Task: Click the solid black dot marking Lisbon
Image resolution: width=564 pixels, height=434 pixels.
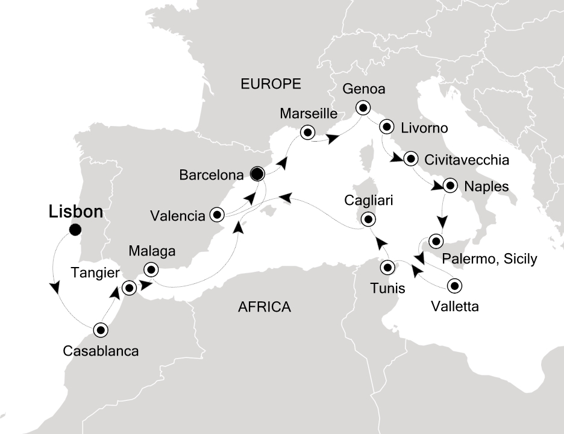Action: coord(75,230)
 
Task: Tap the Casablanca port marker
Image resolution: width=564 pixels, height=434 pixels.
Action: coord(100,330)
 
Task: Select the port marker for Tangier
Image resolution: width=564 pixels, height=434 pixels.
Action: coord(130,288)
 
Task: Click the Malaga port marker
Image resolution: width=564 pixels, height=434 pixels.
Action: coord(151,269)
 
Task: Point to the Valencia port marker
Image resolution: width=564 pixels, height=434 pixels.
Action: coord(216,214)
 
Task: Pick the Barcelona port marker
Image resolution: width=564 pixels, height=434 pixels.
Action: coord(257,174)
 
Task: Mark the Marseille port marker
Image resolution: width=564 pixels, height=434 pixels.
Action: coord(308,133)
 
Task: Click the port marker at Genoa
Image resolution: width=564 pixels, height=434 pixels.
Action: coord(363,108)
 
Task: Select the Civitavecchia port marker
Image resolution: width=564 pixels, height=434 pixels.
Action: coord(411,159)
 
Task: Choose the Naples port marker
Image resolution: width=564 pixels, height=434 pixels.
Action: coord(450,186)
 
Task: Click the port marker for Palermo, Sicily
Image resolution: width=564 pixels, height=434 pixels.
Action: coord(436,242)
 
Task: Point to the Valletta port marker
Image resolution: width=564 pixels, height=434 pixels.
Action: coord(454,286)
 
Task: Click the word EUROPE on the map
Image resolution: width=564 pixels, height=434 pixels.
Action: coord(271,84)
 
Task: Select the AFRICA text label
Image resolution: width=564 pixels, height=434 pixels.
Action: coord(265,307)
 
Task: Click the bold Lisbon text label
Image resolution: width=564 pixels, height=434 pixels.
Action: coord(75,212)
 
